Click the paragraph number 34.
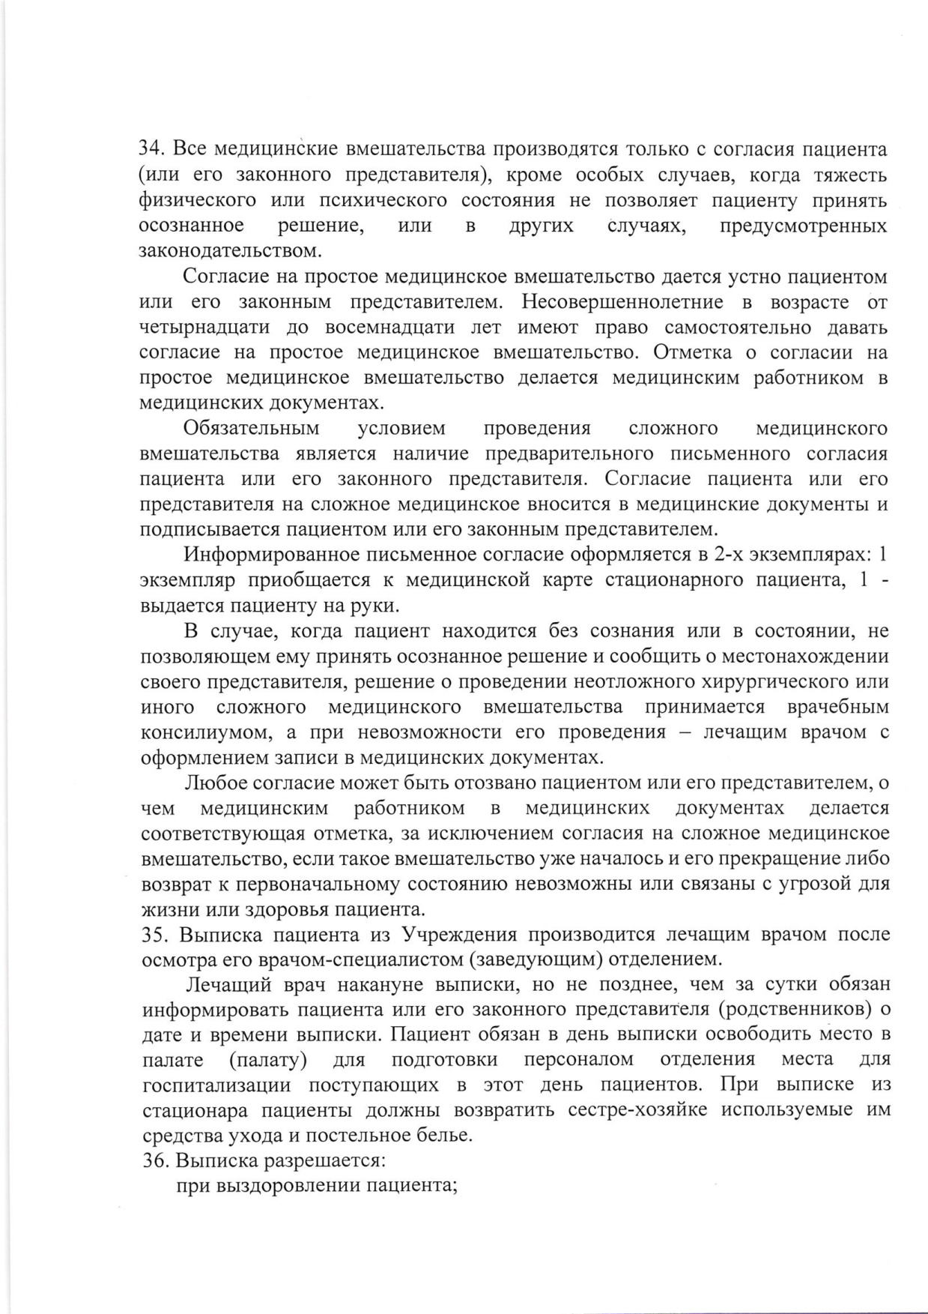pyautogui.click(x=152, y=149)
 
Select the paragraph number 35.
pyautogui.click(x=154, y=935)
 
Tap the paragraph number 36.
pyautogui.click(x=154, y=1161)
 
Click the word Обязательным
pyautogui.click(x=251, y=429)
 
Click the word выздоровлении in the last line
pyautogui.click(x=291, y=1186)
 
